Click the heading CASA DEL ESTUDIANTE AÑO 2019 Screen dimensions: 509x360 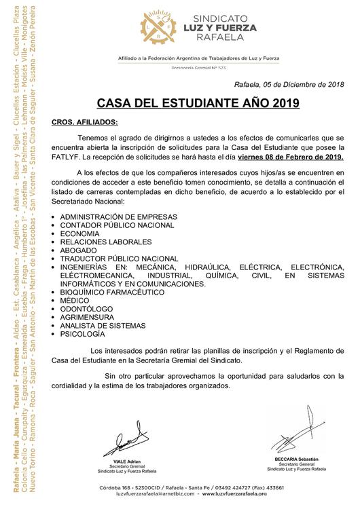(x=198, y=105)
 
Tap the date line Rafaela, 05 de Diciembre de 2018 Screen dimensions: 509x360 (x=289, y=84)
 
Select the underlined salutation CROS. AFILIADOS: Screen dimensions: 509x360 (x=85, y=123)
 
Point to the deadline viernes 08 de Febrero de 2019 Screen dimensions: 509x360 (x=291, y=157)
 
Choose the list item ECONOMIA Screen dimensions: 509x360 (x=81, y=233)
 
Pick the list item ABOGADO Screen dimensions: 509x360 (x=79, y=250)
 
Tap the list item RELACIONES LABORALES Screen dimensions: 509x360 (x=106, y=242)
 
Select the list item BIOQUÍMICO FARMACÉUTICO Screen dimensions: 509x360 (x=113, y=293)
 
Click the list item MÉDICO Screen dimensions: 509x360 (x=75, y=301)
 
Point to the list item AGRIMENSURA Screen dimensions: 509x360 (x=87, y=318)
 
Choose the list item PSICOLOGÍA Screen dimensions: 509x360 (x=83, y=335)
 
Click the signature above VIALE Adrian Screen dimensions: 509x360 (x=126, y=442)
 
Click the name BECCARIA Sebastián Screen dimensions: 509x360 (x=296, y=459)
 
